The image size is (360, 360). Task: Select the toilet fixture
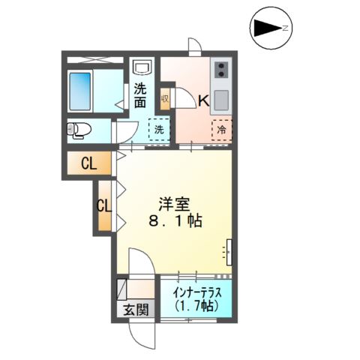pyautogui.click(x=79, y=130)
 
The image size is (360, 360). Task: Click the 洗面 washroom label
pyautogui.click(x=141, y=94)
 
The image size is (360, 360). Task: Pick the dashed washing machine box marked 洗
pyautogui.click(x=160, y=129)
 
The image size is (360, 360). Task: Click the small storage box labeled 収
pyautogui.click(x=165, y=97)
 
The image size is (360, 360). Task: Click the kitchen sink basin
pyautogui.click(x=222, y=99)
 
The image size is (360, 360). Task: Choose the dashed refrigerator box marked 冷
pyautogui.click(x=222, y=129)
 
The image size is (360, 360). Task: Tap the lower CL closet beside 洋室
pyautogui.click(x=105, y=205)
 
